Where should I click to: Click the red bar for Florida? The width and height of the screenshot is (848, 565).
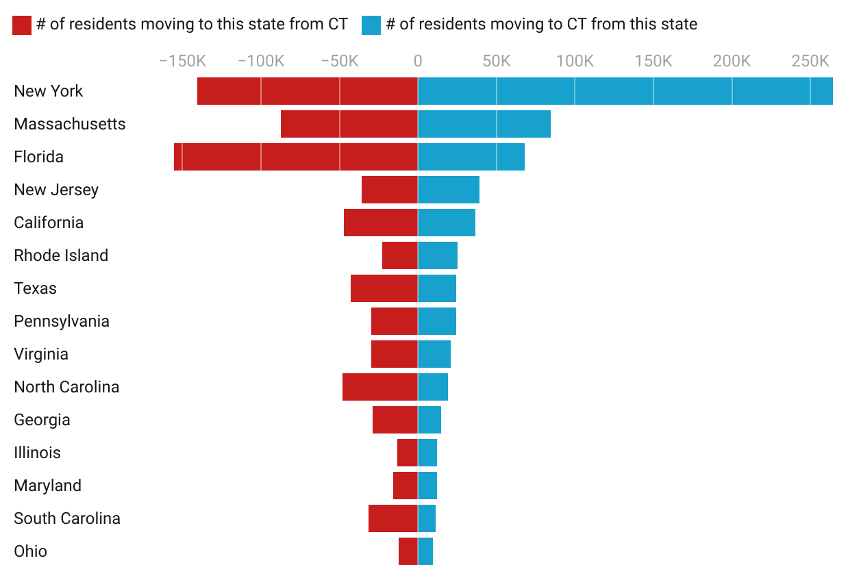point(296,157)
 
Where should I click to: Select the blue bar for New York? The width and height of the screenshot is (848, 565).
point(625,91)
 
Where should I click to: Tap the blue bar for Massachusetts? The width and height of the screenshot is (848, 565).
point(484,124)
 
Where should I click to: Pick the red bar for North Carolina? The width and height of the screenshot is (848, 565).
point(380,387)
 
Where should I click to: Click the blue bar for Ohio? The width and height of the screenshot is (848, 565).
point(425,551)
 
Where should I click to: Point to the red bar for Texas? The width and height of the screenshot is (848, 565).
point(384,288)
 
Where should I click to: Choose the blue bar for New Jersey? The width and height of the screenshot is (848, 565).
point(449,190)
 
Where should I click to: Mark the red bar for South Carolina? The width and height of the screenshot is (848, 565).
point(393,518)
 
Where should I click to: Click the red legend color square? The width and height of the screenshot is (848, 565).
point(22,25)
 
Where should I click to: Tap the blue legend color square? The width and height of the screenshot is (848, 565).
point(371,25)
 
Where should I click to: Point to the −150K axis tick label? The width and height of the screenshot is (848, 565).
point(182,61)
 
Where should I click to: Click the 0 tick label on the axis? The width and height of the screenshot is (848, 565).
point(418,61)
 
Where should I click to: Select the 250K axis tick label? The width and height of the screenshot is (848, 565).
point(810,61)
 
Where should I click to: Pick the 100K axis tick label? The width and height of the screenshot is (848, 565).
point(575,61)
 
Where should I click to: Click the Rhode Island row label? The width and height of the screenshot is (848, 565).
point(61,255)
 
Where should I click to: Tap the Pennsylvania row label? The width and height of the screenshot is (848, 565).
point(62,321)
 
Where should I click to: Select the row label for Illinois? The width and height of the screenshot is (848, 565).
point(37,453)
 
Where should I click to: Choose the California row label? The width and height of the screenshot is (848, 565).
point(49,223)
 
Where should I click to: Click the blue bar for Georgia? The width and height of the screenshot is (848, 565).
point(429,420)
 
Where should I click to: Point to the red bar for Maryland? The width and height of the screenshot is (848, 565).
point(406,486)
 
